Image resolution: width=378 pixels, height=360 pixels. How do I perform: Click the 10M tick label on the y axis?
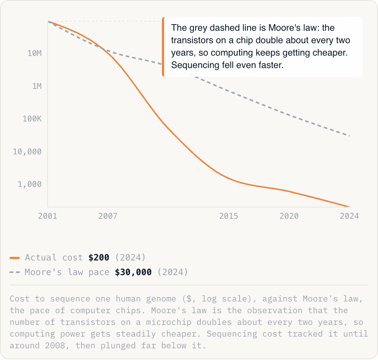pyautogui.click(x=34, y=53)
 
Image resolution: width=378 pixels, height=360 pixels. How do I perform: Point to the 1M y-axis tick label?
pyautogui.click(x=37, y=86)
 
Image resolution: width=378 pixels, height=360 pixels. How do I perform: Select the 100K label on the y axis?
pyautogui.click(x=32, y=119)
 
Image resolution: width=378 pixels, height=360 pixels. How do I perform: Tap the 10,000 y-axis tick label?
pyautogui.click(x=27, y=151)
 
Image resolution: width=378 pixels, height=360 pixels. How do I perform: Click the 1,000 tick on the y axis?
pyautogui.click(x=30, y=184)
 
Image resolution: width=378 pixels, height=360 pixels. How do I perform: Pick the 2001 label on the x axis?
pyautogui.click(x=48, y=216)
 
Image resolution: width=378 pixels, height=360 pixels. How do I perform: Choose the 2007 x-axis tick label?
pyautogui.click(x=108, y=216)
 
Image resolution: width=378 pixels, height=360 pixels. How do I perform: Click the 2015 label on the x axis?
pyautogui.click(x=229, y=216)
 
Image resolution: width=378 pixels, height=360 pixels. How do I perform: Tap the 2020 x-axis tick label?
pyautogui.click(x=289, y=216)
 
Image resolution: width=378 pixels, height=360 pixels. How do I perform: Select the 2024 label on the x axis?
pyautogui.click(x=349, y=216)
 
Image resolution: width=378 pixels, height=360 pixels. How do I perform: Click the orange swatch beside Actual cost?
pyautogui.click(x=15, y=258)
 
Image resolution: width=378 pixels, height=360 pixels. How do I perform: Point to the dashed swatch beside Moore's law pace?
pyautogui.click(x=15, y=273)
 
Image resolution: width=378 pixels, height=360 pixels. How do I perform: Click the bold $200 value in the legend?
pyautogui.click(x=99, y=258)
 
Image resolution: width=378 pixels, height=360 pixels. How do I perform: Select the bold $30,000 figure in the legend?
pyautogui.click(x=133, y=272)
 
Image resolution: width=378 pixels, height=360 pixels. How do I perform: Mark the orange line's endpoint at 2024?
pyautogui.click(x=349, y=207)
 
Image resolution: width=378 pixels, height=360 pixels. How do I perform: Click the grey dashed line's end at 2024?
pyautogui.click(x=349, y=136)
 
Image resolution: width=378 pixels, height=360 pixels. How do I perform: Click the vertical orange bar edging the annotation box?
pyautogui.click(x=163, y=47)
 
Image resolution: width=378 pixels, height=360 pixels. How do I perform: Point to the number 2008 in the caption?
pyautogui.click(x=55, y=346)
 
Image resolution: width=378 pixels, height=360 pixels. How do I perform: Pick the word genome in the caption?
pyautogui.click(x=161, y=299)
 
